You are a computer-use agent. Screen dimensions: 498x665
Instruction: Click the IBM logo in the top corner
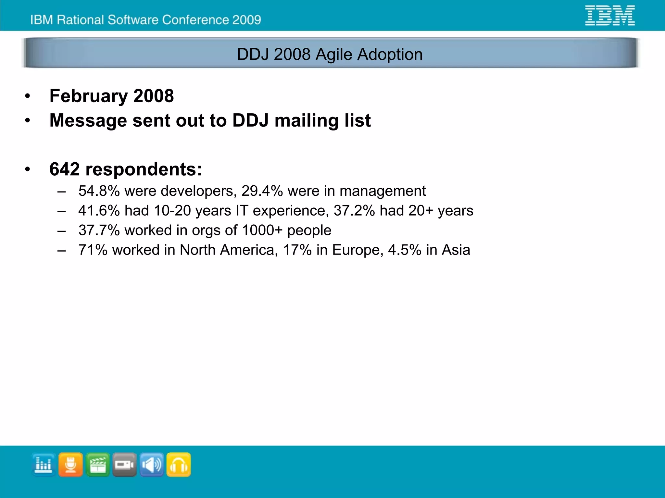(x=609, y=16)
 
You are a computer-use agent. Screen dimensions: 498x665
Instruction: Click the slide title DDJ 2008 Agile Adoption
(x=330, y=54)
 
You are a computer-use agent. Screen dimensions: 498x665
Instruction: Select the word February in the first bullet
(x=88, y=96)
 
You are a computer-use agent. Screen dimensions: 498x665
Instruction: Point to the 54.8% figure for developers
(x=99, y=191)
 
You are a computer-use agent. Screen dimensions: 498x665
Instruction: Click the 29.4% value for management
(x=262, y=191)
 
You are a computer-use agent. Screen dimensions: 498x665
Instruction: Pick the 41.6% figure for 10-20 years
(x=99, y=211)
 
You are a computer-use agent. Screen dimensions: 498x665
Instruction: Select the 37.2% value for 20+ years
(x=354, y=211)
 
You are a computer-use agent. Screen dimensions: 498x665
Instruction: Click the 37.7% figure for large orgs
(x=99, y=230)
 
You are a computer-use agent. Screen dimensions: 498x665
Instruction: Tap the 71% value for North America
(x=93, y=250)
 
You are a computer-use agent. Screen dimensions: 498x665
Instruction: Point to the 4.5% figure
(x=405, y=250)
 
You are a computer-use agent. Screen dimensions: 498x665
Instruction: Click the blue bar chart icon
(x=44, y=465)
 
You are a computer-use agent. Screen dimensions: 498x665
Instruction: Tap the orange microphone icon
(x=70, y=465)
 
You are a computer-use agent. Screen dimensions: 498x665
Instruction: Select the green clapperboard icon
(x=97, y=465)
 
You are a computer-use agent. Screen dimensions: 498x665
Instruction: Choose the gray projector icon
(x=124, y=465)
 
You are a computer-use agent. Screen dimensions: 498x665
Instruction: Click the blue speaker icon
(x=151, y=465)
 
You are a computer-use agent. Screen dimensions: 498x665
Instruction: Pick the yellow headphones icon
(x=179, y=465)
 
